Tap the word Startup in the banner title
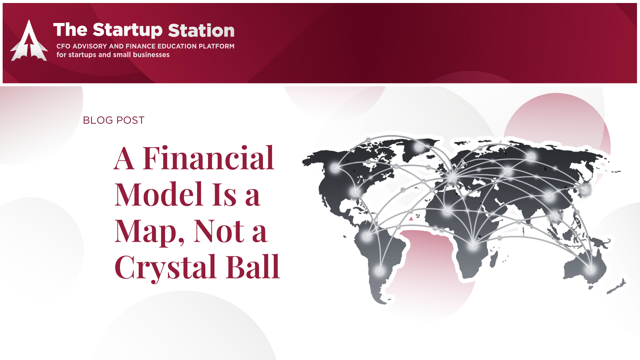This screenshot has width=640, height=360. point(128,31)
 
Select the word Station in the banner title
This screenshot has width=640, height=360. point(201,30)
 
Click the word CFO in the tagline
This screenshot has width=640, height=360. point(63,46)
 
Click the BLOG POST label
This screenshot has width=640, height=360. point(114,120)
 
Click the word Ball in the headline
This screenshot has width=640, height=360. point(253,266)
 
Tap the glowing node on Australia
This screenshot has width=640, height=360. point(591,269)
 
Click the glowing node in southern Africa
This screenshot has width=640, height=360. point(473,246)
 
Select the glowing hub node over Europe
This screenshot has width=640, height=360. point(452,177)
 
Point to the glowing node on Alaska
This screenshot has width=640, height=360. point(335,168)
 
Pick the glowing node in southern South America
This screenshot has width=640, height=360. point(379,270)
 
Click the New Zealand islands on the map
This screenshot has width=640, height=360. point(616,286)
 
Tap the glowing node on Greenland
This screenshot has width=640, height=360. point(419,147)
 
